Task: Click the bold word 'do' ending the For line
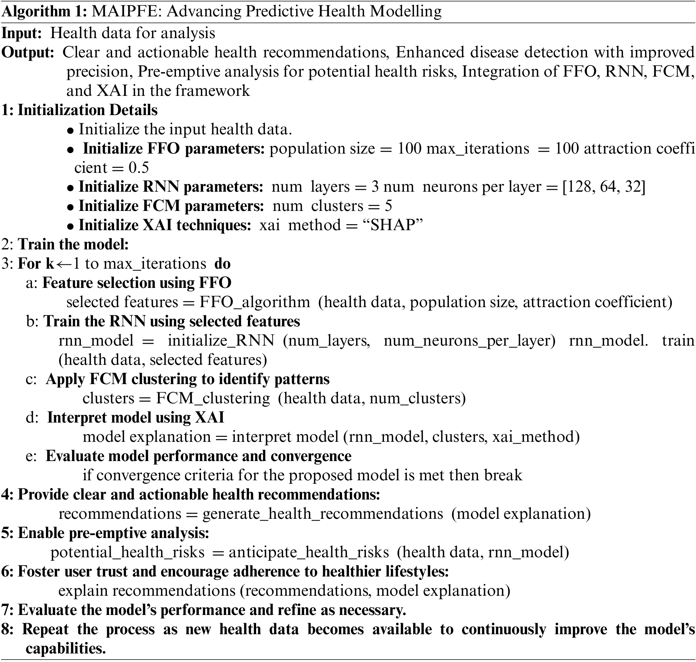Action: (222, 264)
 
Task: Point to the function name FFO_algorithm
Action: (254, 302)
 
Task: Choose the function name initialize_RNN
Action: (221, 341)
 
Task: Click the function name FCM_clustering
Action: (213, 398)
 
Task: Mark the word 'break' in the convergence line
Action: (503, 475)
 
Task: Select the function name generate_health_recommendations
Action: (323, 514)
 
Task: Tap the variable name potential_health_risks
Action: (128, 552)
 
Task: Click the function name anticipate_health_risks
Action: (309, 552)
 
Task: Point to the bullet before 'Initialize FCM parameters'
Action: (71, 207)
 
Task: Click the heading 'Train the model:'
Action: (73, 245)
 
